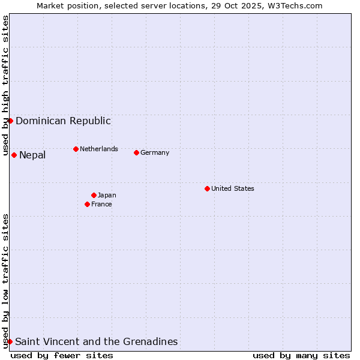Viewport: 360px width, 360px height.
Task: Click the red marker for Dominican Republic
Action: [10, 121]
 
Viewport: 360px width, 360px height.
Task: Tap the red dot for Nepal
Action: [14, 155]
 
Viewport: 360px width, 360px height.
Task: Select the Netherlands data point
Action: [76, 149]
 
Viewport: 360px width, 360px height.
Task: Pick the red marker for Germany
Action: [136, 152]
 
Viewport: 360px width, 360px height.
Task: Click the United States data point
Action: [207, 188]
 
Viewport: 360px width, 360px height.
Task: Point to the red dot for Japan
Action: [94, 195]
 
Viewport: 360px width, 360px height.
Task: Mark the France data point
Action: [87, 204]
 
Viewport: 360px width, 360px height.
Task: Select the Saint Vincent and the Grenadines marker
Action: [10, 341]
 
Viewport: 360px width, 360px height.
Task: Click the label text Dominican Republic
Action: [63, 121]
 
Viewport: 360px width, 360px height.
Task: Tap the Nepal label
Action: [32, 155]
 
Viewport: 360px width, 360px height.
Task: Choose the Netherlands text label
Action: [99, 149]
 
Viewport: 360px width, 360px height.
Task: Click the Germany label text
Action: [155, 152]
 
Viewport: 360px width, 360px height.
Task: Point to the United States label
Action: [233, 188]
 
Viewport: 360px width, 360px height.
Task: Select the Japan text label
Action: [107, 195]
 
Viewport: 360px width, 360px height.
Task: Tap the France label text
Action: [101, 204]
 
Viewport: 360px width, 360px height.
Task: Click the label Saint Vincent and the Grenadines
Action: [97, 342]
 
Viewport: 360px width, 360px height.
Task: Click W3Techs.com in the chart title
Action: [296, 5]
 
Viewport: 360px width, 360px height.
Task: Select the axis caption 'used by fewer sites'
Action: [62, 355]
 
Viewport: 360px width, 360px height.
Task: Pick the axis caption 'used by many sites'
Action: [301, 355]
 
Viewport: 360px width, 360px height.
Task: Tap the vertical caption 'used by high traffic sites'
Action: [5, 86]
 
